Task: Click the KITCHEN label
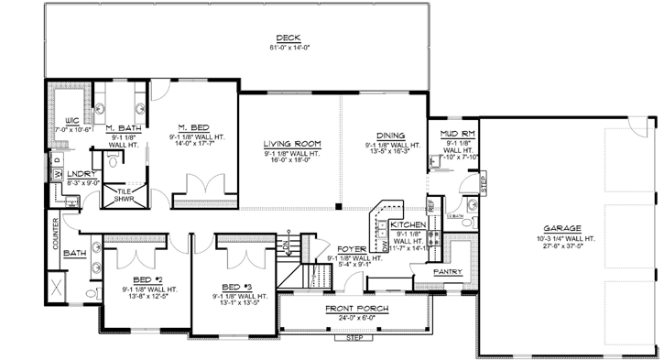point(407,224)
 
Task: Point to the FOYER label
point(353,249)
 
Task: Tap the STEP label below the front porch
point(354,338)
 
